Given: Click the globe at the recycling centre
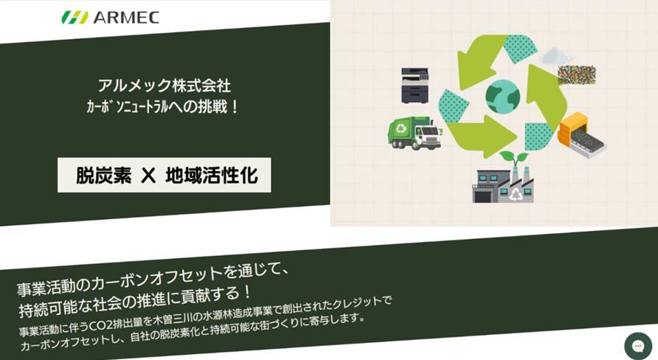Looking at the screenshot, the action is [x=502, y=95].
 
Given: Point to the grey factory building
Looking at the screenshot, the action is [x=510, y=185].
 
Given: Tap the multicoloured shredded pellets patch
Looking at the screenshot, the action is [x=576, y=75].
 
